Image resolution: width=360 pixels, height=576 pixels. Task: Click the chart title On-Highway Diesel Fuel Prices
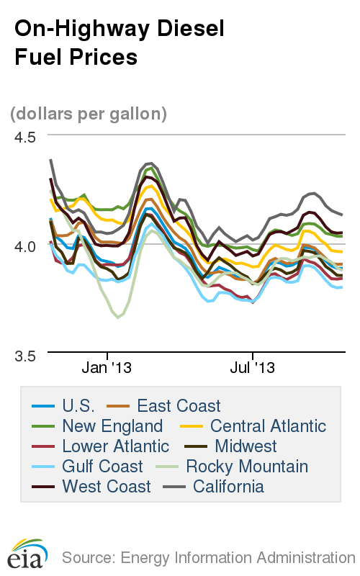(x=119, y=42)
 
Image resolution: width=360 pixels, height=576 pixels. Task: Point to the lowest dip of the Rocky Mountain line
(x=118, y=318)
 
